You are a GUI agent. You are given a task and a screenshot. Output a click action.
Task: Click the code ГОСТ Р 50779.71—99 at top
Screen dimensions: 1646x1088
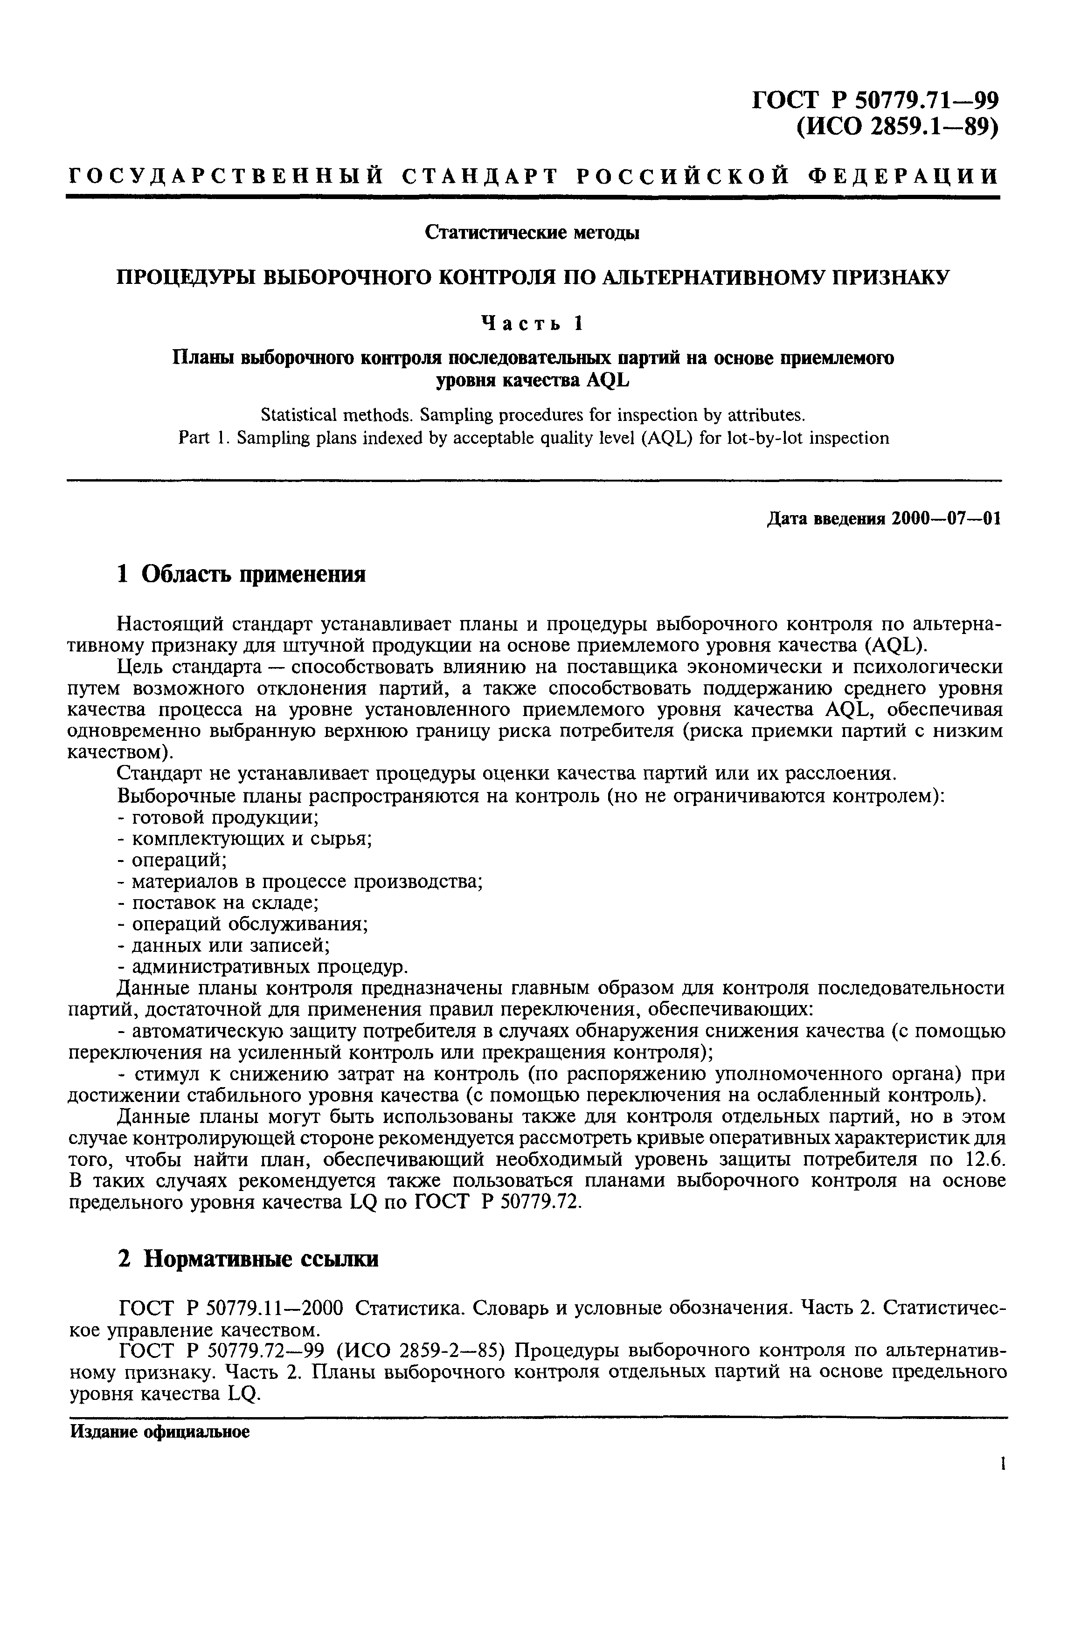point(876,101)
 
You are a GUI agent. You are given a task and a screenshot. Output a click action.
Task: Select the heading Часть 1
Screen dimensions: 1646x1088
point(532,323)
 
